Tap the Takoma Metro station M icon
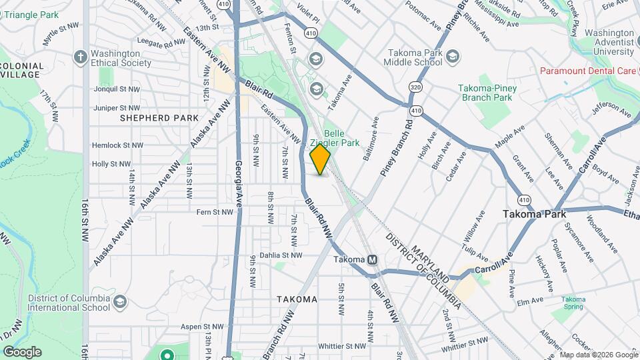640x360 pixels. pos(373,259)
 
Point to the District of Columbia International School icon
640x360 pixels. pos(119,302)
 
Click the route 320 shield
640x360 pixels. pos(416,87)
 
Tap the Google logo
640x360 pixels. pos(22,352)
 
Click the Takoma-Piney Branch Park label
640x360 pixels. pos(485,93)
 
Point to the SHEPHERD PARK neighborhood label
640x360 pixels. pos(159,118)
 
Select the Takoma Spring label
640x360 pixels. pos(573,303)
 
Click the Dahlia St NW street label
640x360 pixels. pos(281,255)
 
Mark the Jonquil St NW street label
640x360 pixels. pos(117,89)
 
